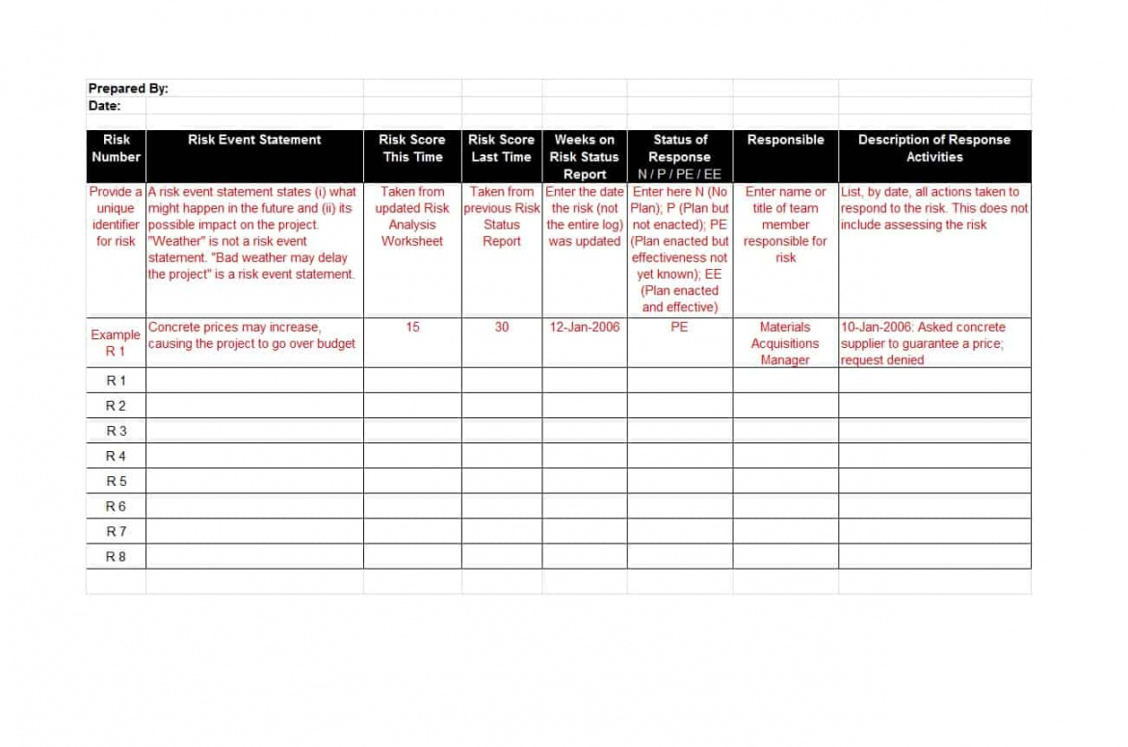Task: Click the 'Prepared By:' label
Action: coord(128,89)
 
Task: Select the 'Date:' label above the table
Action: coord(105,106)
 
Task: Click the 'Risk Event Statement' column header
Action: coord(254,140)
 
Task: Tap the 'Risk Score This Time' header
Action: coord(412,148)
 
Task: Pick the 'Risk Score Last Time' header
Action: coord(501,148)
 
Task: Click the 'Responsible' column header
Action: coord(785,140)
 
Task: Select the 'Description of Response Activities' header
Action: coord(934,148)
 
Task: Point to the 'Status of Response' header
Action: coord(680,148)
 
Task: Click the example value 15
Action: coord(412,328)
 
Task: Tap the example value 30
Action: coord(502,328)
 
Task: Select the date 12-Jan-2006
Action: coord(584,328)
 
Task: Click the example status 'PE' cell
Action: coord(679,328)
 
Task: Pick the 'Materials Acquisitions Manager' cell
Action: coord(785,343)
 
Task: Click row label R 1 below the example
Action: coord(116,381)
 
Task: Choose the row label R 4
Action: coord(116,456)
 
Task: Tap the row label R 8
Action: coord(116,556)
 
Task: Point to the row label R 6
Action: coord(116,506)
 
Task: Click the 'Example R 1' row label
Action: coord(116,343)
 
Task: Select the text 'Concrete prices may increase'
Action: coord(234,328)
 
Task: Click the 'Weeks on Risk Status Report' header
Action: coord(584,156)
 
